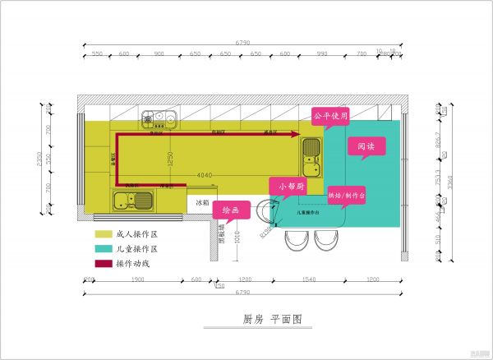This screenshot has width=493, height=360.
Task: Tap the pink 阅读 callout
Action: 366,147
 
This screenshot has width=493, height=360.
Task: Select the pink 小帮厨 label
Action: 291,187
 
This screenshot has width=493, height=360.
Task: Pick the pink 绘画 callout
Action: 231,211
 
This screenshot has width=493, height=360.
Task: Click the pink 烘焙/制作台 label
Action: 346,196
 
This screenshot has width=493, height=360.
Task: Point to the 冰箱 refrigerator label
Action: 201,201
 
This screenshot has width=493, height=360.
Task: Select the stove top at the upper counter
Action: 158,120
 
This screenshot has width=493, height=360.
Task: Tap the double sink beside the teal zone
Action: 311,158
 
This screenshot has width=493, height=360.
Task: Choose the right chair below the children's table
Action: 325,241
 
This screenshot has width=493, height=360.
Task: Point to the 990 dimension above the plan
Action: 322,53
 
